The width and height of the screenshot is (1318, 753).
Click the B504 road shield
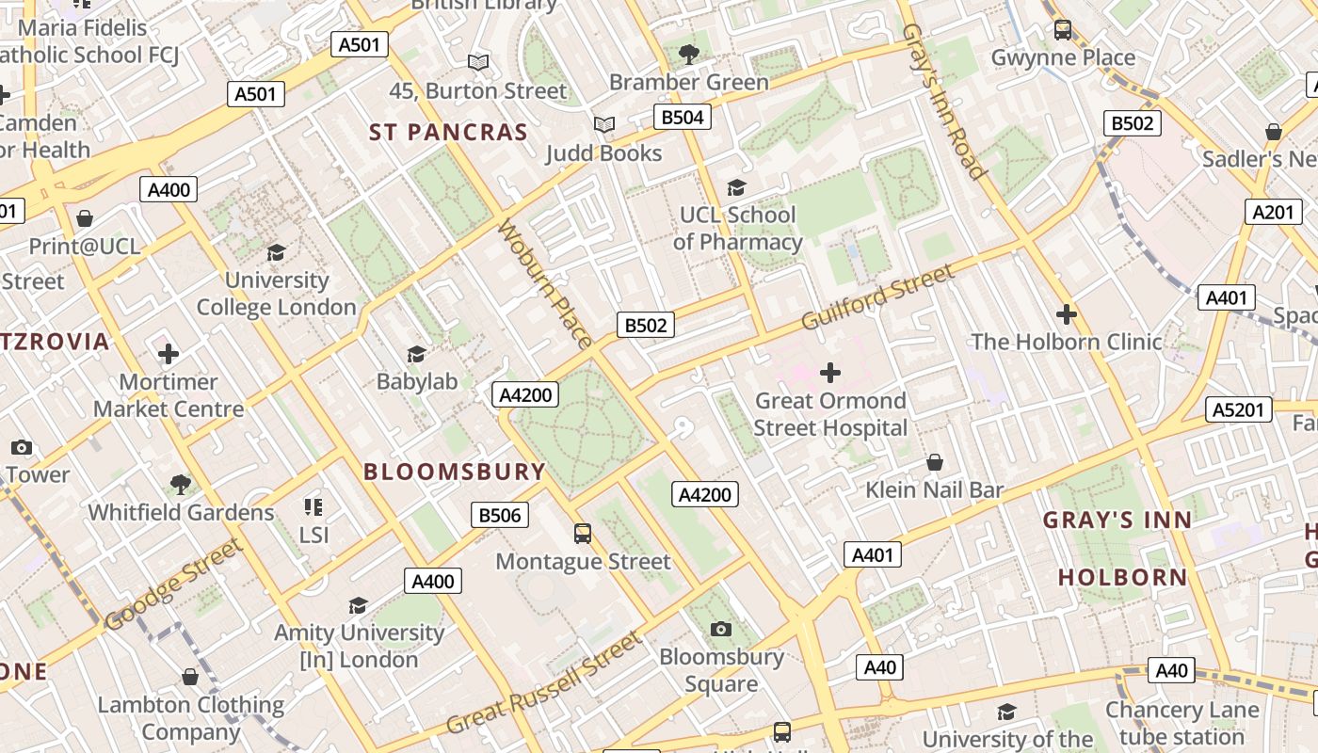(683, 117)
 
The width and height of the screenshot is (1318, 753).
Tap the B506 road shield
(500, 515)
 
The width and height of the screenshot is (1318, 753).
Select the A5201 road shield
(1238, 409)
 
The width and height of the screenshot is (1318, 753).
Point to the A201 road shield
(1272, 212)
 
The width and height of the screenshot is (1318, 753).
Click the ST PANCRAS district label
(448, 133)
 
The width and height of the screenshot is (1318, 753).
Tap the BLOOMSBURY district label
(455, 472)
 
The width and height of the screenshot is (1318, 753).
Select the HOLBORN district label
(1122, 577)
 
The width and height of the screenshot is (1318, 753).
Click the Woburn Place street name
(545, 283)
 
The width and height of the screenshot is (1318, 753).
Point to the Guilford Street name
(877, 297)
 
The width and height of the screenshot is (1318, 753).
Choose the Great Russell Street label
(544, 683)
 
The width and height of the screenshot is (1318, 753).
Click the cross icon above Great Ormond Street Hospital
(829, 373)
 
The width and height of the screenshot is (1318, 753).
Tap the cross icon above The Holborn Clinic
(1066, 313)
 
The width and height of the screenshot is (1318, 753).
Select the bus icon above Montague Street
(583, 534)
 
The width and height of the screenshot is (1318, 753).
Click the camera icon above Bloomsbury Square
(721, 629)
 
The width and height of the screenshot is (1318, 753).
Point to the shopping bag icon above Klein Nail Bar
(935, 462)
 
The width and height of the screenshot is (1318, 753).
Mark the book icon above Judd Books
(603, 125)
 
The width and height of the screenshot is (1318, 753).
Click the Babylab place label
(417, 381)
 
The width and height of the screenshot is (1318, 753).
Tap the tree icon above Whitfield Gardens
(181, 485)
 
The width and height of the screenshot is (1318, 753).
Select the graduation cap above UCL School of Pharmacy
(737, 187)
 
